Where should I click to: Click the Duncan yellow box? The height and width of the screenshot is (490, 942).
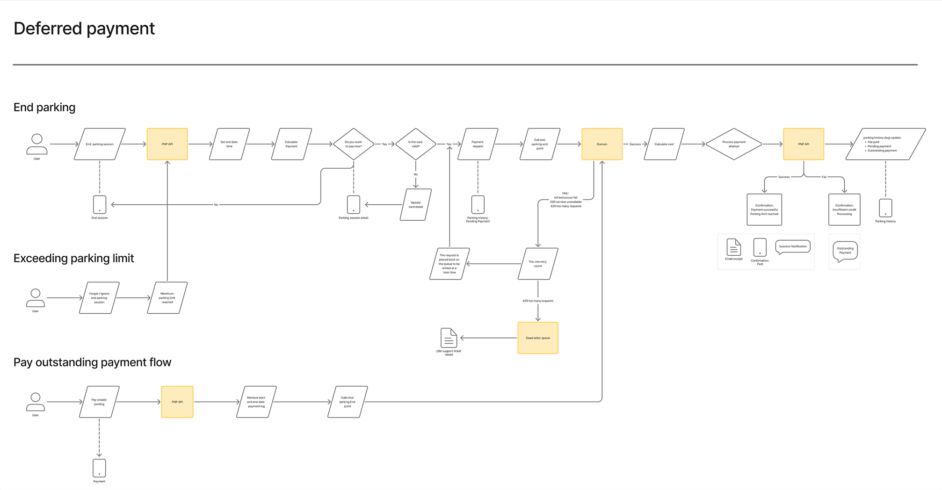(x=601, y=144)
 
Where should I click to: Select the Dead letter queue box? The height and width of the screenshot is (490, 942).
(x=537, y=338)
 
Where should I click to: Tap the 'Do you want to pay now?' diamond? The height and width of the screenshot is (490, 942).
(x=353, y=144)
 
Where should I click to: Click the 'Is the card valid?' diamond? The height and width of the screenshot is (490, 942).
(x=415, y=144)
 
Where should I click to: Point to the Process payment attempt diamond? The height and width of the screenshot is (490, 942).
(x=733, y=144)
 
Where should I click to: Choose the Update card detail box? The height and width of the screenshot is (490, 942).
(x=415, y=205)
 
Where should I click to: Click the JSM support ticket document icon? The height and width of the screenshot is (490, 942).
(x=449, y=338)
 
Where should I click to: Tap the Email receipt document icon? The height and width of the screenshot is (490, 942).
(x=733, y=247)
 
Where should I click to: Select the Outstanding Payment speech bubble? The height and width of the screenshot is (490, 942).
(x=845, y=251)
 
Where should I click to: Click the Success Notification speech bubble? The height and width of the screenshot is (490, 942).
(x=793, y=246)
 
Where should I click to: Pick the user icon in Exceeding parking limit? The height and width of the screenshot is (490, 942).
(x=36, y=297)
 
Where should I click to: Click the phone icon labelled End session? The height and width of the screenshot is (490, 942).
(x=100, y=204)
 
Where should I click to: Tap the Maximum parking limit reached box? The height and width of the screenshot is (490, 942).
(x=167, y=298)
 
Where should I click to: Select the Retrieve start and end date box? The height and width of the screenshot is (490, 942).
(x=256, y=402)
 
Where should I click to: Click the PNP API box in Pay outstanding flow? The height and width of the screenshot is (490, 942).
(x=177, y=402)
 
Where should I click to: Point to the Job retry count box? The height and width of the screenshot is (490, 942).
(x=537, y=264)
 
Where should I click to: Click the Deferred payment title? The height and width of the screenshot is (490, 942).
(x=84, y=29)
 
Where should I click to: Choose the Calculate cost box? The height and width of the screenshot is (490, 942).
(x=664, y=144)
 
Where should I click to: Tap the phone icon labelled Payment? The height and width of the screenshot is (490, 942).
(x=99, y=468)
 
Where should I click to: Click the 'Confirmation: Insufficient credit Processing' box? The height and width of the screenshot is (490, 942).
(x=844, y=209)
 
